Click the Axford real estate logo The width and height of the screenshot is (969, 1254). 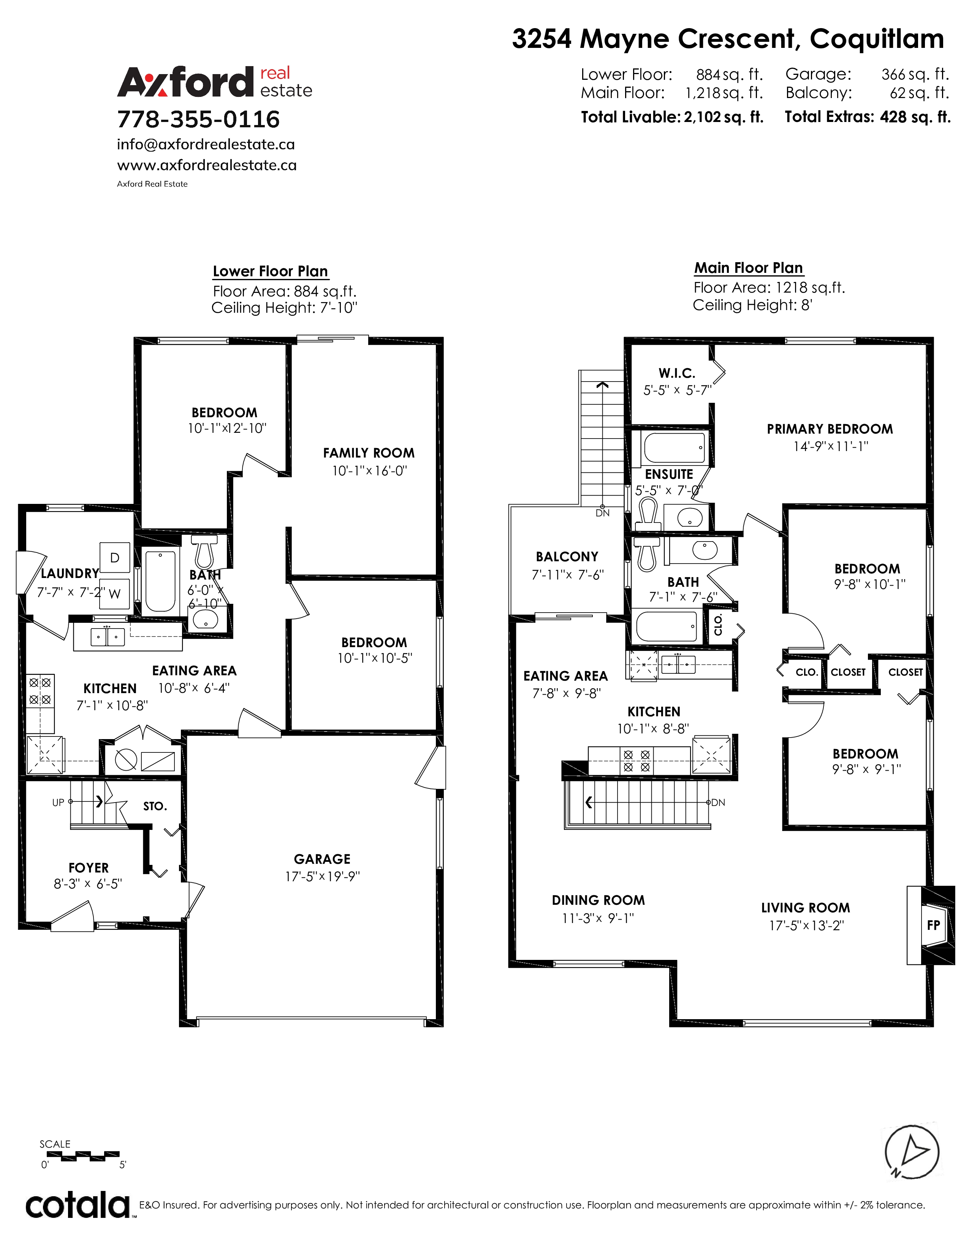pos(215,82)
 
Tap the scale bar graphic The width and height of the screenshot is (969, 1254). pos(80,1156)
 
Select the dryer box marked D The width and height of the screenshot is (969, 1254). pos(115,557)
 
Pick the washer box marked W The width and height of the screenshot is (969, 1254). pos(115,594)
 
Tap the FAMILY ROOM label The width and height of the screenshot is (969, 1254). pos(369,453)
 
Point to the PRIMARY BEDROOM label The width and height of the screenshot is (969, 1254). pos(830,429)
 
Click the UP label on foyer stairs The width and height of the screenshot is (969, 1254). pos(58,803)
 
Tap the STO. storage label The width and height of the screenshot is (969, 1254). pos(155,806)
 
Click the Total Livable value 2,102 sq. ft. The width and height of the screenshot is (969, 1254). pos(723,117)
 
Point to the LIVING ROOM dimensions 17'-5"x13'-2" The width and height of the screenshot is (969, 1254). pos(806,926)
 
